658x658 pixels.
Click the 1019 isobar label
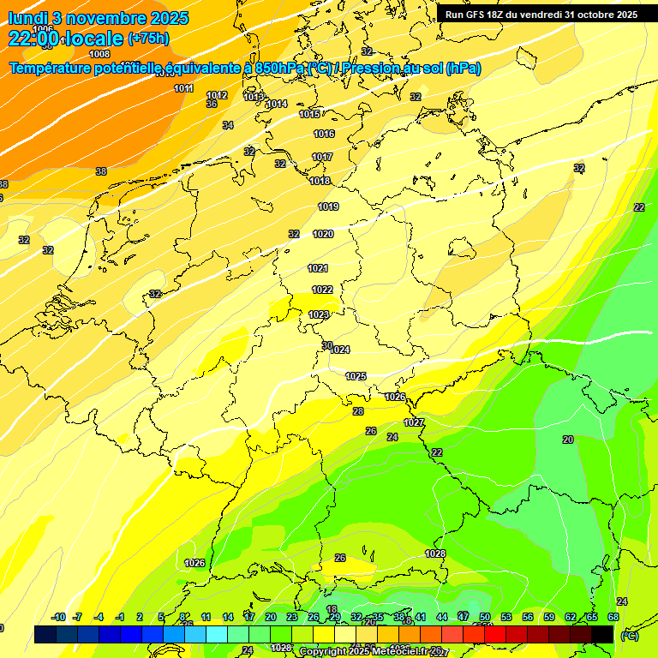click(328, 206)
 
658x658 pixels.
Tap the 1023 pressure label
click(320, 315)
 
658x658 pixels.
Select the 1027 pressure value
click(414, 422)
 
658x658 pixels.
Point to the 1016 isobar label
click(324, 134)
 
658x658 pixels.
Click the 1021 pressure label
click(318, 268)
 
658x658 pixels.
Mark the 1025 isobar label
click(356, 376)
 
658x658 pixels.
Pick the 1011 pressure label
click(183, 88)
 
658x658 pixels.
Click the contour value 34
click(228, 126)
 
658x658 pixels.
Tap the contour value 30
click(327, 345)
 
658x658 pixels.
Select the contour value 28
click(358, 411)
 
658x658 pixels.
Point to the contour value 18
click(332, 609)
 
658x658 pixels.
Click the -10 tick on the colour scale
click(58, 617)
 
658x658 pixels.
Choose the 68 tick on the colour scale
click(613, 617)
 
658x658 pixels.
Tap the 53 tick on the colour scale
click(505, 617)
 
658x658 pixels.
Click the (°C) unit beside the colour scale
click(630, 636)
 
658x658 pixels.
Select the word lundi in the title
click(27, 18)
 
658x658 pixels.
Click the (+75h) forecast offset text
click(147, 39)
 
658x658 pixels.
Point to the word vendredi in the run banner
click(537, 15)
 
